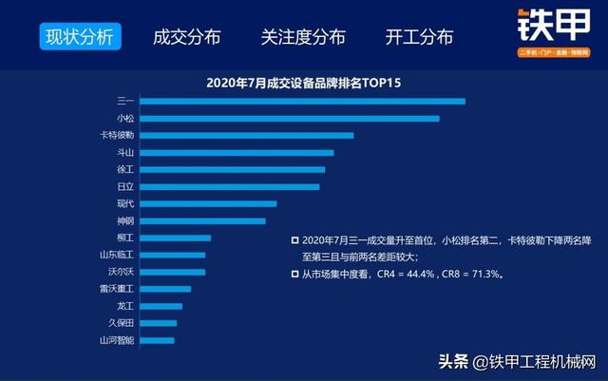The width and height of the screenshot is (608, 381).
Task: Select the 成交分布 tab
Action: tap(186, 38)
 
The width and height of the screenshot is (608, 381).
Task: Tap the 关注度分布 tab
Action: tap(303, 38)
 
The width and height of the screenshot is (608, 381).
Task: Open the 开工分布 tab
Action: tap(419, 38)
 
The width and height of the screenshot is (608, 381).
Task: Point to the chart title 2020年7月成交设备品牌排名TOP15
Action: tap(303, 83)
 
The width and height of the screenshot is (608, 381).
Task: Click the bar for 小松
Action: tap(290, 118)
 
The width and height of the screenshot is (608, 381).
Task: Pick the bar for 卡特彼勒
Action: tap(247, 135)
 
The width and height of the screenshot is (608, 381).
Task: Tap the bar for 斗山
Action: tap(237, 152)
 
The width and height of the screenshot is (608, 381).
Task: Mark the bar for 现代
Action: tap(208, 203)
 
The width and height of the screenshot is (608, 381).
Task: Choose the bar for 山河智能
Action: tap(157, 340)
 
